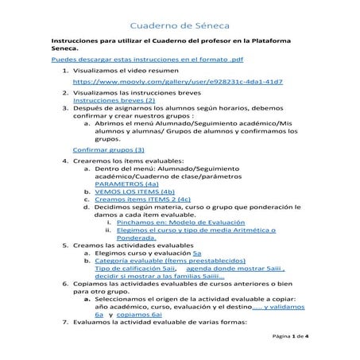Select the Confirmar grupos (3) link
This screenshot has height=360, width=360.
point(108,149)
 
